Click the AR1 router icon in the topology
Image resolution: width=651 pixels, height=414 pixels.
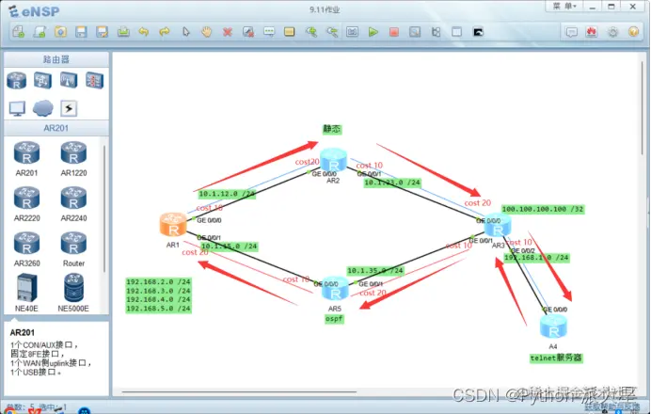click(172, 224)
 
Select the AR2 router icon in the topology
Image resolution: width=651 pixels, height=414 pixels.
click(333, 159)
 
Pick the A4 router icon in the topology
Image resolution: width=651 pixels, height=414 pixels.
click(552, 326)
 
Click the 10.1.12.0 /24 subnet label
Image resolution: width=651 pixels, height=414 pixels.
click(227, 194)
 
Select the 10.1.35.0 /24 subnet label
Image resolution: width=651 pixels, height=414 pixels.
click(375, 271)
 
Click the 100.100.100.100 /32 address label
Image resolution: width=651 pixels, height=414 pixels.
click(543, 209)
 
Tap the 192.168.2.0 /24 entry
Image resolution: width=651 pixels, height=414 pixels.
click(158, 282)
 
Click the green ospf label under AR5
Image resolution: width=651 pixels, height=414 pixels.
click(336, 319)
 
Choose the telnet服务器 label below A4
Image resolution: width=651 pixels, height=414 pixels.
click(556, 358)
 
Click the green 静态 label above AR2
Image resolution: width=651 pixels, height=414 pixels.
click(332, 129)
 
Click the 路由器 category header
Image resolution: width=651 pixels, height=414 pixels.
click(56, 59)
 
